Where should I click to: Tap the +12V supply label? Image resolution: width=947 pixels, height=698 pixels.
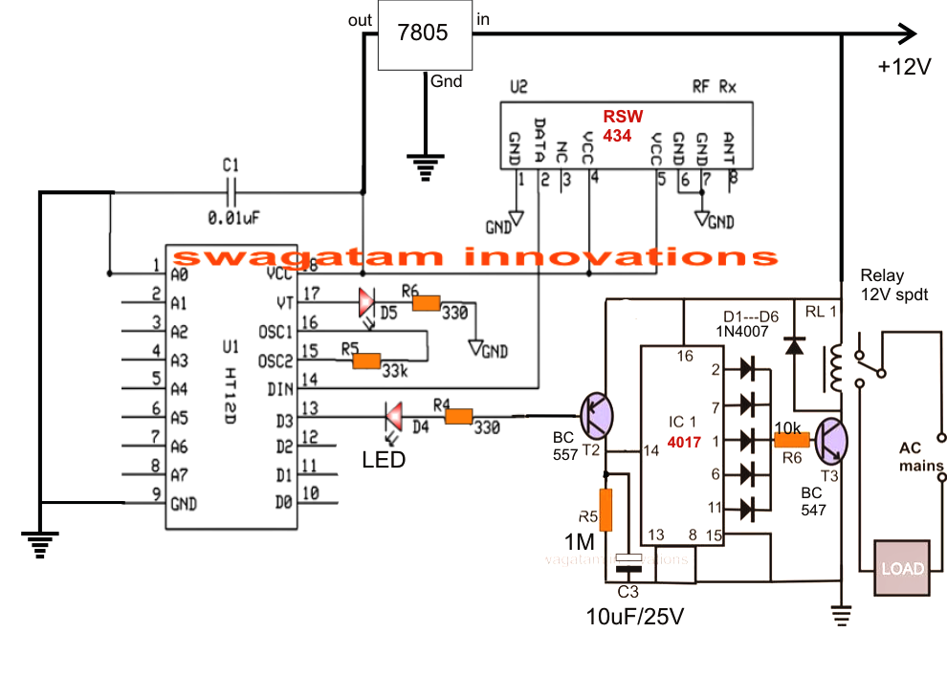point(904,68)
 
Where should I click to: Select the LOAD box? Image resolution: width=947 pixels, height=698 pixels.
point(902,569)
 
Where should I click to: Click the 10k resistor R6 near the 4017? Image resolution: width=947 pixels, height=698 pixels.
point(791,440)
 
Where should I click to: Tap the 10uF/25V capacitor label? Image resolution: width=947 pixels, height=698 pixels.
point(634,617)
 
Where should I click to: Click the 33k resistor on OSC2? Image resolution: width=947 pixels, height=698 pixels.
point(367,360)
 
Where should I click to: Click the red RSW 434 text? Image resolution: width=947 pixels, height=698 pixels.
point(617,126)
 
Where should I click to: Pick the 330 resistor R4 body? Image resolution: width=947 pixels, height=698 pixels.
point(459,416)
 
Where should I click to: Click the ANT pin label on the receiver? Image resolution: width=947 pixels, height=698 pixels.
point(730,147)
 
